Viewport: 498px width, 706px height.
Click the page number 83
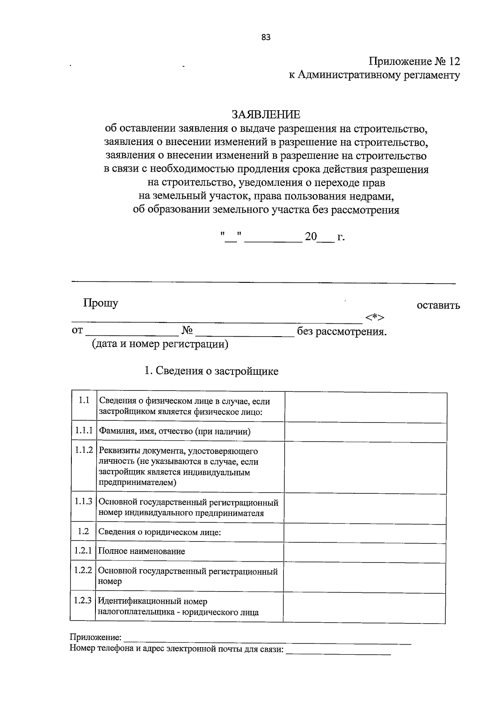point(266,37)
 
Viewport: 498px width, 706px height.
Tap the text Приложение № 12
point(415,62)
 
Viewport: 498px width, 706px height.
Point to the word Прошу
point(100,303)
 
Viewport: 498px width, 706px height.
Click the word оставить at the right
point(438,306)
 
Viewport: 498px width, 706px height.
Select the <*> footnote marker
point(375,318)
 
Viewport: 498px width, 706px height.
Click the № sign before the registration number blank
point(188,330)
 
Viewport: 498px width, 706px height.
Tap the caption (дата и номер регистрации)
point(160,344)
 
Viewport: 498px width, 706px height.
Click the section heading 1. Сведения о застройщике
point(211,371)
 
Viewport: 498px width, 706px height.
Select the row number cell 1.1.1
point(83,431)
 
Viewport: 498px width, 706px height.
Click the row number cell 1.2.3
point(83,600)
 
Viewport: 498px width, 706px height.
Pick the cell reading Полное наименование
point(141,551)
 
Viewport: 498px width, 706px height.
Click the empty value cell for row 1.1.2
point(365,467)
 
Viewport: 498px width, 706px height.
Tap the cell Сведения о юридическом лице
point(159,532)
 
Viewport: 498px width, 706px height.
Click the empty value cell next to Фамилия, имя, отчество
point(365,432)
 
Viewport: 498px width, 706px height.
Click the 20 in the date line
point(310,237)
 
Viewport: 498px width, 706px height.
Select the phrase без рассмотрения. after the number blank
point(342,332)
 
